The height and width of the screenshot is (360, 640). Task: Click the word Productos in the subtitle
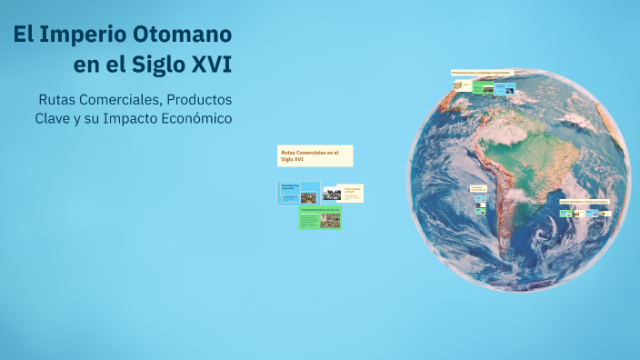click(192, 98)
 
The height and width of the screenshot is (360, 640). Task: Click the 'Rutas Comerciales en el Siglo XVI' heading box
click(315, 155)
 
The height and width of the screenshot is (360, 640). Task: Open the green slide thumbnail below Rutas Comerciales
click(320, 218)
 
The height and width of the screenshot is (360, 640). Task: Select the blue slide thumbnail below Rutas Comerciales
click(300, 194)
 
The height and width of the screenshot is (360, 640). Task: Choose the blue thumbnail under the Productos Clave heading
click(505, 89)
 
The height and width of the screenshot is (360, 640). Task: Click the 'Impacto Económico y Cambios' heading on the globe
click(584, 202)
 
